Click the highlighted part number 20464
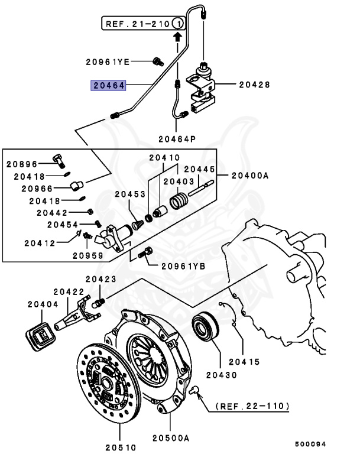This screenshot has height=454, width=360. [x=107, y=85]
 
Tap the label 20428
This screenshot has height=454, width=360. [x=254, y=85]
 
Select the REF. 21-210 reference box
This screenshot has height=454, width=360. [x=144, y=24]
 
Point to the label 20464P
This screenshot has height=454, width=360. [x=176, y=140]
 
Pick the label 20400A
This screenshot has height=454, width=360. [x=249, y=176]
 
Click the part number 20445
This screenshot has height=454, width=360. [x=197, y=169]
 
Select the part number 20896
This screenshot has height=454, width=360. [x=22, y=164]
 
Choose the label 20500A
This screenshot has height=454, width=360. [x=170, y=438]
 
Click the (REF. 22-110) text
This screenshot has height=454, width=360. [x=252, y=407]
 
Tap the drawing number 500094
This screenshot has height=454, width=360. [x=311, y=443]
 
